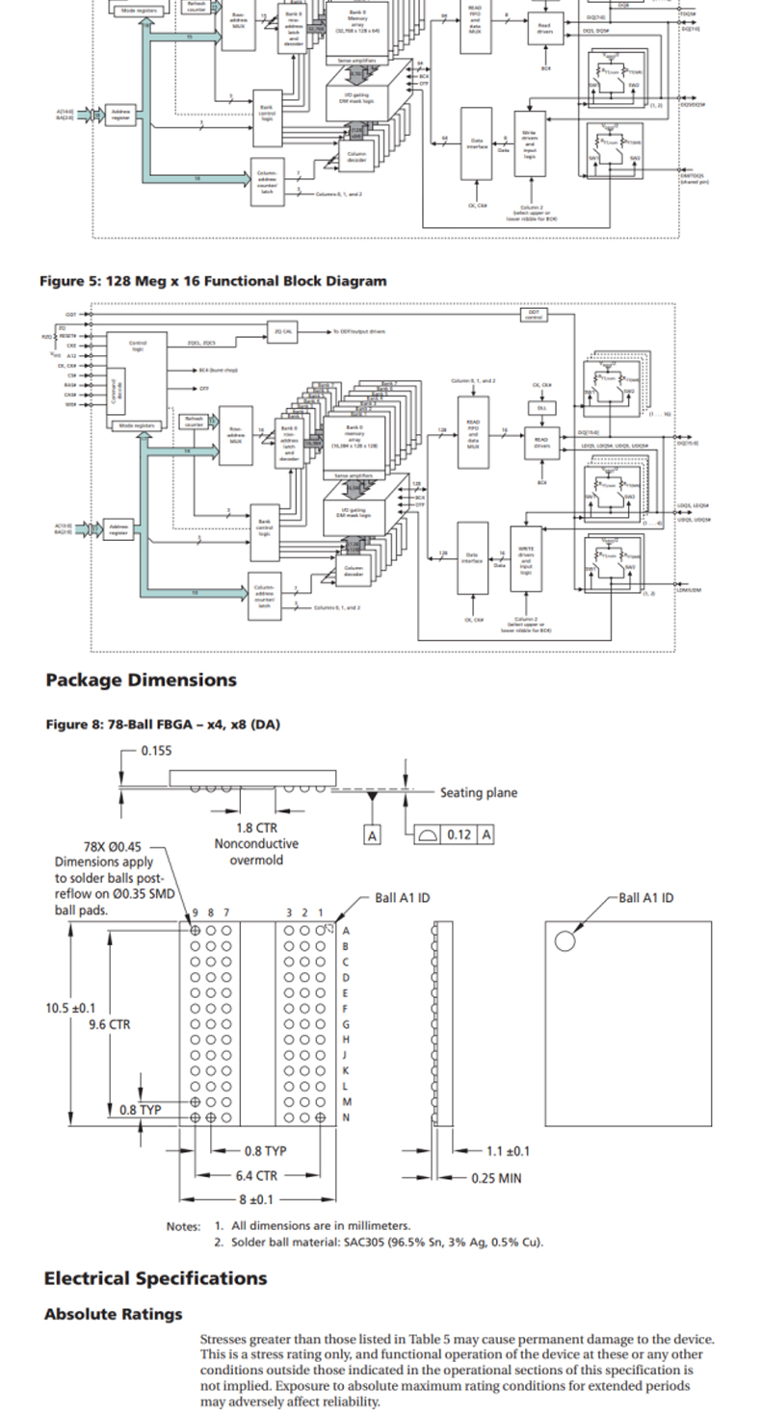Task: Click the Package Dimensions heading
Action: (141, 680)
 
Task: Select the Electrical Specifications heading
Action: (155, 1278)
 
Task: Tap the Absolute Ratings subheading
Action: (113, 1314)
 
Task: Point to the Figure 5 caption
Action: (213, 281)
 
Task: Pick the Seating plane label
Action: (478, 793)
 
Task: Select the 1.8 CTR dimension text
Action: (257, 828)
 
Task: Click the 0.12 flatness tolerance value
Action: (459, 835)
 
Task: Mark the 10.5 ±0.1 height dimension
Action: (70, 1008)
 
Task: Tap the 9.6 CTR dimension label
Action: (109, 1025)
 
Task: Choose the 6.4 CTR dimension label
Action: (256, 1175)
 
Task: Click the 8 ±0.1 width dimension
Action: (256, 1199)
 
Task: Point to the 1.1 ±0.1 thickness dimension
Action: (508, 1151)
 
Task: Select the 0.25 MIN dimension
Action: (496, 1176)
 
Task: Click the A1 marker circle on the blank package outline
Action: (564, 940)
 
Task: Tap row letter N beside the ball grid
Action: (347, 1118)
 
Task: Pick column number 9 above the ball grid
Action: (196, 912)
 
